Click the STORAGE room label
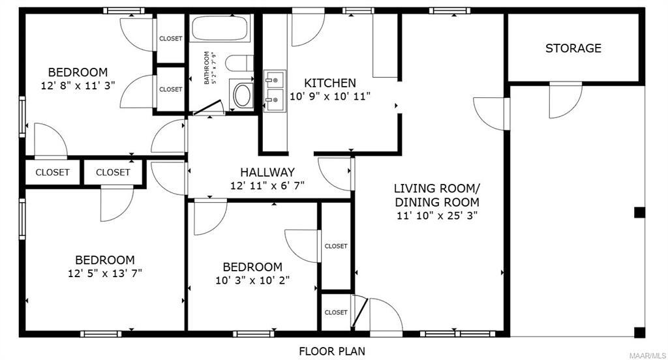pos(573,48)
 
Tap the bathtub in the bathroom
pos(220,28)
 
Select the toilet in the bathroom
pos(239,63)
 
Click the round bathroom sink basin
pos(243,95)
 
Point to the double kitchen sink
pos(273,91)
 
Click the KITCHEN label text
pos(329,83)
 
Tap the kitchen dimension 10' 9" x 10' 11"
pos(329,97)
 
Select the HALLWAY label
pos(267,172)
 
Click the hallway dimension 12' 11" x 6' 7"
pos(267,186)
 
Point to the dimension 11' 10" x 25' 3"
pos(437,216)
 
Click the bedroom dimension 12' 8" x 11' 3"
pos(78,85)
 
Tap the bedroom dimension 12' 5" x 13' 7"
pos(105,273)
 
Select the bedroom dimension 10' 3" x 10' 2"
pos(252,280)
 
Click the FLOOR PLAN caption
pos(332,352)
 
